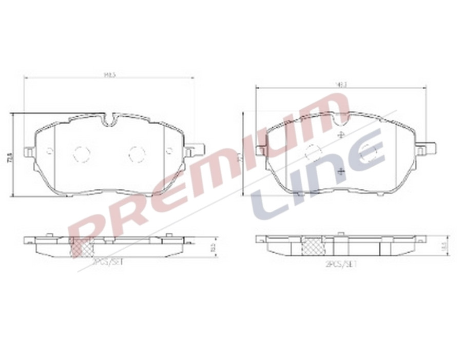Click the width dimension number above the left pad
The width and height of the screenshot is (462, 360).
109,74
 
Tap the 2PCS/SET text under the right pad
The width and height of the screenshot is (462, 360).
341,265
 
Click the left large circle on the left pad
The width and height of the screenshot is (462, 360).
82,153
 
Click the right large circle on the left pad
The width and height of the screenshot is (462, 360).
137,153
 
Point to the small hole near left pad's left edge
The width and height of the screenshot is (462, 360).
50,151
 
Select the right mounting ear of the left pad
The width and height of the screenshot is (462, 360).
195,151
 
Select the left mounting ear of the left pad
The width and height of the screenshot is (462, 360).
29,151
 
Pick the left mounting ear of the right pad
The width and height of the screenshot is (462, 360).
260,150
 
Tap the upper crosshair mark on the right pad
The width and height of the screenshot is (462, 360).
341,135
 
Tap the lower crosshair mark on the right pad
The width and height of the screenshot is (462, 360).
341,171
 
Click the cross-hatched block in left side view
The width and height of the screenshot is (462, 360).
81,248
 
